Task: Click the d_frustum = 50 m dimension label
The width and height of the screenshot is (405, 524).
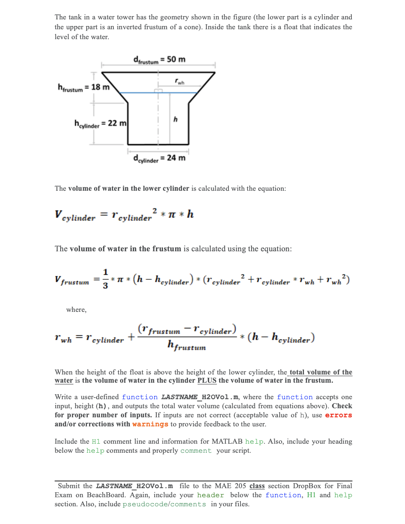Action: (x=159, y=60)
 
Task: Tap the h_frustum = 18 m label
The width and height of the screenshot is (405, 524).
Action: (x=84, y=87)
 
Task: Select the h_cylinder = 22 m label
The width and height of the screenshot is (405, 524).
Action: (x=100, y=123)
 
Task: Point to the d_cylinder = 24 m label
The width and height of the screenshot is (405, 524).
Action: (x=159, y=158)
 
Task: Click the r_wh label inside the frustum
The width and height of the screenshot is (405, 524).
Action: (x=179, y=82)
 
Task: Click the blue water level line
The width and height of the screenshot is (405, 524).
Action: (x=136, y=93)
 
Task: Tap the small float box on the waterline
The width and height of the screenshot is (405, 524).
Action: (x=158, y=91)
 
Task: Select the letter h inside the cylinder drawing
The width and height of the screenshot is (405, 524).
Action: (x=175, y=119)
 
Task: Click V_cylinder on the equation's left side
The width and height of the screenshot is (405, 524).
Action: (x=75, y=215)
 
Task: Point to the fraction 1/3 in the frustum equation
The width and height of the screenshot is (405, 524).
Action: (x=106, y=279)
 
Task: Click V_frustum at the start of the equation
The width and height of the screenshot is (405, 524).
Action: (x=72, y=280)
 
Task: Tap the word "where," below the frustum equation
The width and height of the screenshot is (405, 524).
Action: (x=76, y=310)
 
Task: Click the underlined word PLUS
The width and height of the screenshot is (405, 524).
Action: (x=207, y=381)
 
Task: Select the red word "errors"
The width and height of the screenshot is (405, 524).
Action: (x=338, y=415)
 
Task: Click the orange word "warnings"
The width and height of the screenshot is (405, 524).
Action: (x=150, y=424)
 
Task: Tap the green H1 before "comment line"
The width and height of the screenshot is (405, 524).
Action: (x=96, y=442)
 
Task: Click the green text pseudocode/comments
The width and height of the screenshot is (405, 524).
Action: (x=164, y=504)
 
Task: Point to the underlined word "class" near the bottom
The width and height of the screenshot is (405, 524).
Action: (x=257, y=486)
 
